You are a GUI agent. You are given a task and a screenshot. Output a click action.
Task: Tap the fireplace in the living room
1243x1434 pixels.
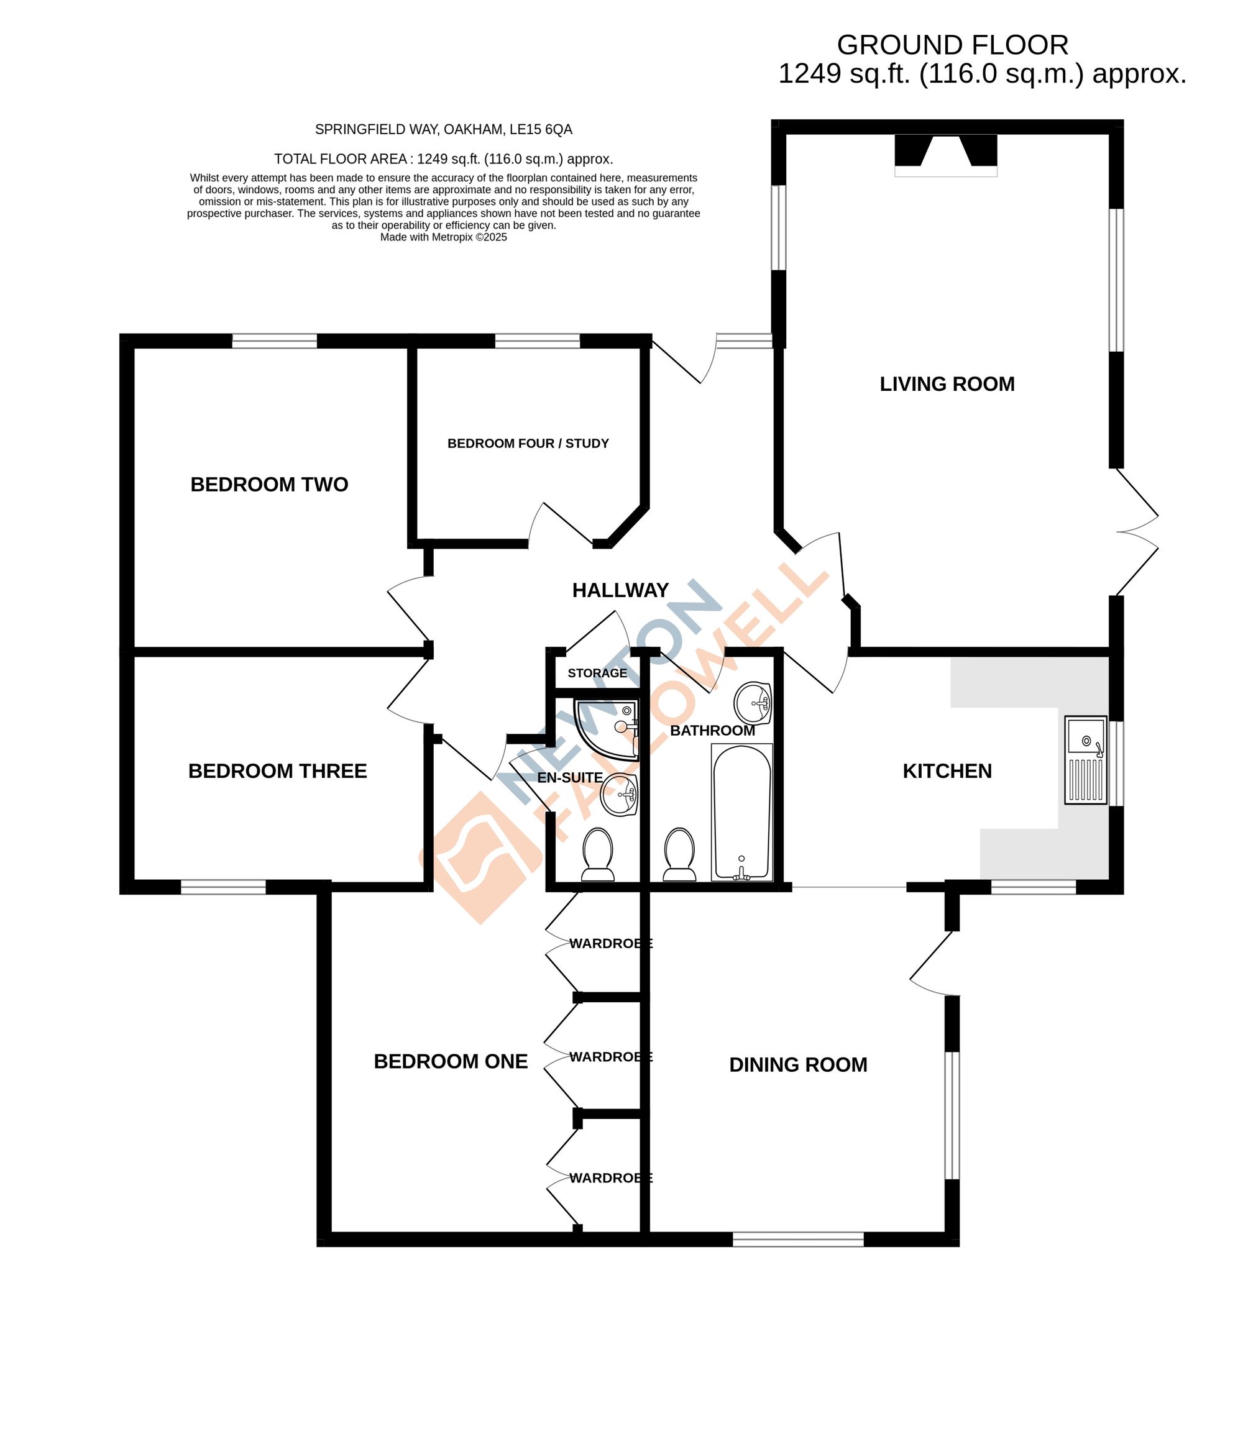point(945,154)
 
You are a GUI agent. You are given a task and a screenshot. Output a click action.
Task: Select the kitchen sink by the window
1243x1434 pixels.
point(1086,760)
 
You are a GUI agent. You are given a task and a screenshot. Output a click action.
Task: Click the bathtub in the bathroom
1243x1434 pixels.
point(741,812)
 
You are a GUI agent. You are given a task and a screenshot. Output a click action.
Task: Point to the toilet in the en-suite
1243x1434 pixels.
point(597,854)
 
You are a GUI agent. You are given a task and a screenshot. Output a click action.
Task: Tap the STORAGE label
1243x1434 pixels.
point(597,674)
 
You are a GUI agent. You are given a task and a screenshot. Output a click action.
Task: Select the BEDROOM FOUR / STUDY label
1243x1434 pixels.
point(528,444)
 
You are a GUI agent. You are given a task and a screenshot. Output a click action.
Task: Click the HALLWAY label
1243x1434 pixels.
point(620,590)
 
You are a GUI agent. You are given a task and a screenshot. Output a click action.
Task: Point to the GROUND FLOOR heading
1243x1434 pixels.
point(952,45)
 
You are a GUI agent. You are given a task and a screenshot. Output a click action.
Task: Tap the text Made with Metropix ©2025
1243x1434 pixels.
point(443,237)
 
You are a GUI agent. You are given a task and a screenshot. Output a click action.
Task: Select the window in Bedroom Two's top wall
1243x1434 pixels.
point(274,341)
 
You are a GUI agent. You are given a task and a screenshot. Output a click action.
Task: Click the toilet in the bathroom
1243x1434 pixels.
point(679,854)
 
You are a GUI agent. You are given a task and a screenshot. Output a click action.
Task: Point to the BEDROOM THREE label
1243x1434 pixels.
point(277,771)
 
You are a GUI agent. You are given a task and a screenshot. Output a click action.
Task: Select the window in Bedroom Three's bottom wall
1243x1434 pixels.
point(223,887)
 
